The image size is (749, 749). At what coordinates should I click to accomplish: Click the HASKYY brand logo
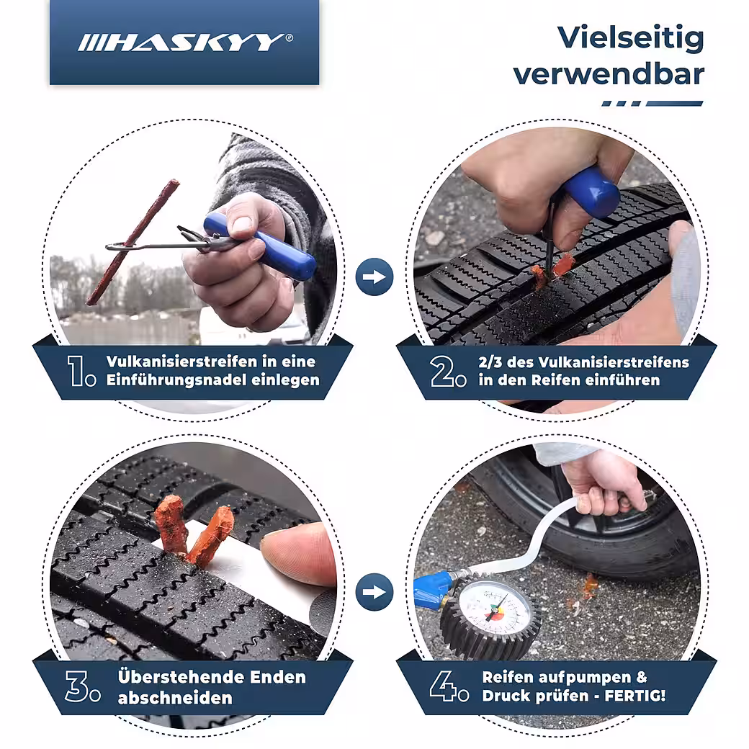tap(185, 42)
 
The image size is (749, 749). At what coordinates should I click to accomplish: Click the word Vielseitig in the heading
tap(631, 39)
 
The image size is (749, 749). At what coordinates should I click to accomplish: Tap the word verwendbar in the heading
tap(609, 74)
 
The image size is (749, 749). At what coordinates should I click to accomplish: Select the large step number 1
tap(77, 371)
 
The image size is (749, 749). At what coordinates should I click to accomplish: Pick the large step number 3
tap(76, 686)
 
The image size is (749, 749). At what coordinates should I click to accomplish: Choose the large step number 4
tap(442, 686)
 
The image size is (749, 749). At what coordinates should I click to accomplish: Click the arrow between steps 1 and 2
tap(374, 277)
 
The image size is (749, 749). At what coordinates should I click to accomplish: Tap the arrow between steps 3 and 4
tap(374, 592)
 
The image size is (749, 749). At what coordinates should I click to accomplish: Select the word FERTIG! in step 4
tap(634, 695)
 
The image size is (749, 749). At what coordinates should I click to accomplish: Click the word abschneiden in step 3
tap(175, 698)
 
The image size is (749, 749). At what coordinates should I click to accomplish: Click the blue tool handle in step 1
tap(259, 246)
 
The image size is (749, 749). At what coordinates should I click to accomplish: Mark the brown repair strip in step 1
tap(133, 242)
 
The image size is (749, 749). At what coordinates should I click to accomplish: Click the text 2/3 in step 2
tap(490, 362)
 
